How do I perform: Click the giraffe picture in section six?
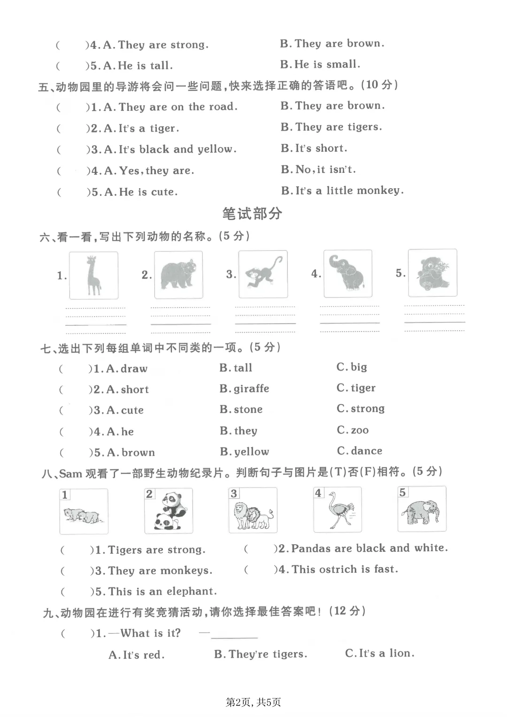click(94, 275)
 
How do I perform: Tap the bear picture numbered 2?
click(178, 275)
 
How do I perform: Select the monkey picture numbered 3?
click(263, 274)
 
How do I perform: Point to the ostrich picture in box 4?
click(338, 509)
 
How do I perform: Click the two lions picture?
click(253, 510)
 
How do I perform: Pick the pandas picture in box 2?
click(169, 511)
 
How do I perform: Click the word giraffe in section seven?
click(251, 389)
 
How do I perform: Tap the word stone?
click(248, 409)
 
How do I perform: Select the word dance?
click(366, 451)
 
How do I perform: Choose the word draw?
click(134, 369)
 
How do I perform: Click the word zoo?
click(360, 430)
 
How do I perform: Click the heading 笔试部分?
click(252, 214)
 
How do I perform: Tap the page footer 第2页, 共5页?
click(253, 702)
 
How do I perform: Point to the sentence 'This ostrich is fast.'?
click(345, 570)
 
